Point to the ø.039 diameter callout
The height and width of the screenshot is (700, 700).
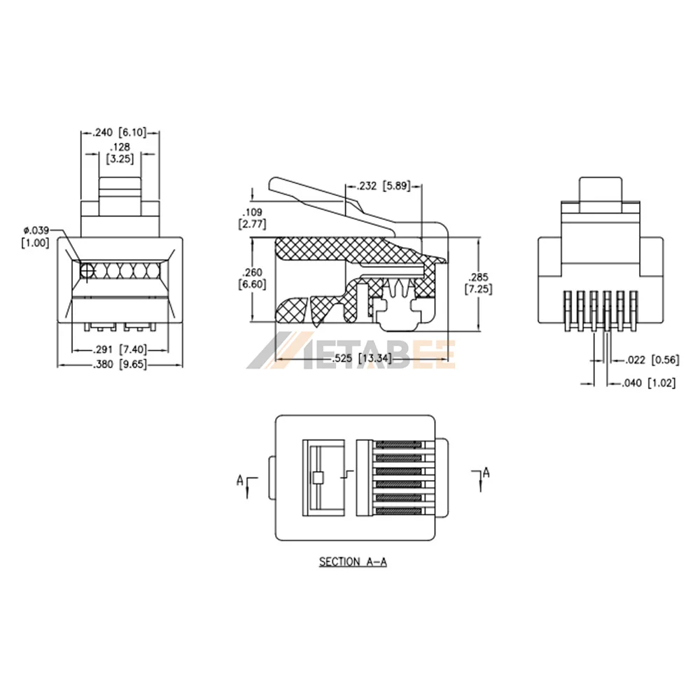(x=34, y=230)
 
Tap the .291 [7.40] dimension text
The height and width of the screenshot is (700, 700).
(x=120, y=348)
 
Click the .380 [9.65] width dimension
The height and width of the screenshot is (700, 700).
(x=120, y=365)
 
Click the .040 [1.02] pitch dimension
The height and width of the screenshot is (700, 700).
(x=649, y=383)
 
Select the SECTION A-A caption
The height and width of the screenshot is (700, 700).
(x=353, y=561)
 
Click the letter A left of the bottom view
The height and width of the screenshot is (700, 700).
(x=239, y=480)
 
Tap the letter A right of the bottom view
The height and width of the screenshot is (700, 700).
(x=486, y=472)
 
